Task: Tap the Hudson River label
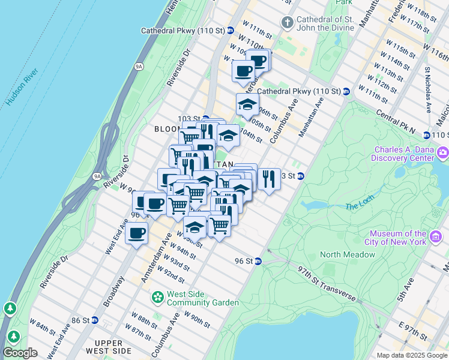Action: tap(22, 86)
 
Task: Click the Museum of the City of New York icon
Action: tap(436, 238)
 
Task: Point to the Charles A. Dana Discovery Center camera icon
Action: tap(443, 153)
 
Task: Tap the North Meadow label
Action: tap(348, 254)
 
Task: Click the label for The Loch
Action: tap(360, 206)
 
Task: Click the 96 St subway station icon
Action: tap(258, 261)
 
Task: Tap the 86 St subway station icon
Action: tap(95, 320)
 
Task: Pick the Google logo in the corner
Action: tap(20, 353)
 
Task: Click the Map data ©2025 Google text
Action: tap(412, 355)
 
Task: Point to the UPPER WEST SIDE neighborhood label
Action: tap(108, 346)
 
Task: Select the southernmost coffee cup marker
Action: tap(137, 232)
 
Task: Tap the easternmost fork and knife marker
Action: tap(269, 178)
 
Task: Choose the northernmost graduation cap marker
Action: tap(247, 105)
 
